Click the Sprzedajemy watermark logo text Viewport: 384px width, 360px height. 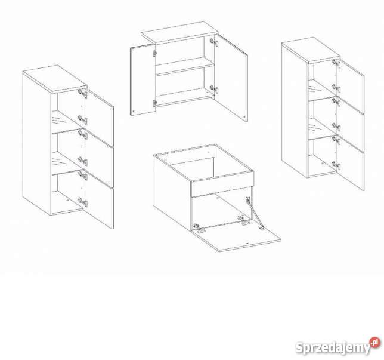coord(333,347)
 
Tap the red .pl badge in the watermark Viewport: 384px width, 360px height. coord(375,342)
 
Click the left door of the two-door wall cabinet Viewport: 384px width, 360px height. coord(143,80)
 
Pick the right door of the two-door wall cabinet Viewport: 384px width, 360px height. coord(231,78)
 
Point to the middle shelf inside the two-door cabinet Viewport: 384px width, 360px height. coord(185,66)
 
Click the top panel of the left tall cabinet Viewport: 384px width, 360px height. coord(55,79)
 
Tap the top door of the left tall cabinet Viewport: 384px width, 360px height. coord(98,118)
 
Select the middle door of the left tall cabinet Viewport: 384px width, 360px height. coord(98,159)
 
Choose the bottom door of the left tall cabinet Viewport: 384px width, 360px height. coord(98,200)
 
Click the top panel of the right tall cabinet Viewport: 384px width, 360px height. coord(311,51)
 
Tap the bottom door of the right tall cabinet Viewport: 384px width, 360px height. coord(351,163)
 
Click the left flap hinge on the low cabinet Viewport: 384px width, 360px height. coord(199,228)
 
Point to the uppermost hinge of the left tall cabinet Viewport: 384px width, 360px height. coord(82,93)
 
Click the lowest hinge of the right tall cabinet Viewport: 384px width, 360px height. coord(336,165)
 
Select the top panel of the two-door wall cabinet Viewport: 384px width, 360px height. coord(179,33)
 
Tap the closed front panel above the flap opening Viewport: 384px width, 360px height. coord(222,184)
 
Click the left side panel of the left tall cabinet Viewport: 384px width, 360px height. coord(37,144)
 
